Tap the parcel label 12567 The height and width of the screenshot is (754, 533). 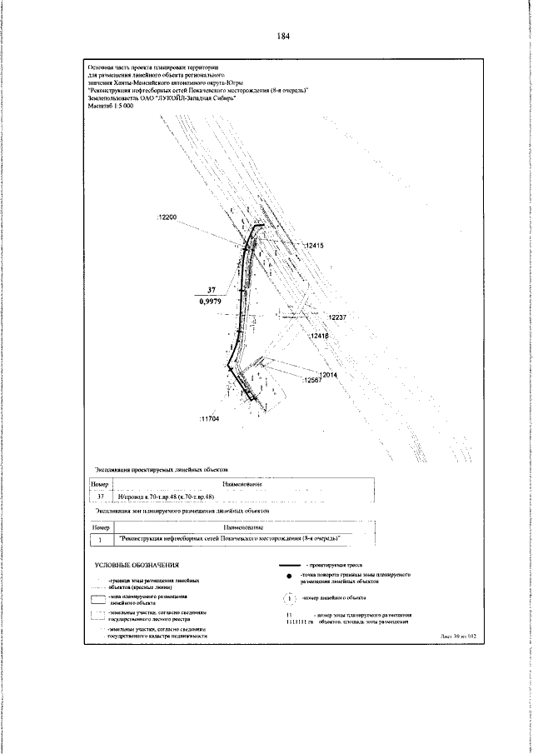click(x=310, y=380)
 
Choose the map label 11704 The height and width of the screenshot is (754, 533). click(x=208, y=418)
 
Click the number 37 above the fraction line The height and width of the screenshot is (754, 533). click(x=211, y=290)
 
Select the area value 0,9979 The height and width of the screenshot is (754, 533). click(x=211, y=302)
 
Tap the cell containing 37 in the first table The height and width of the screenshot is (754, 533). click(x=100, y=496)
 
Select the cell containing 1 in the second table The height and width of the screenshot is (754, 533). click(x=100, y=539)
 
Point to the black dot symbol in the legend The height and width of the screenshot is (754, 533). click(x=288, y=577)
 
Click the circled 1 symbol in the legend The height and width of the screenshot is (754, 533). click(x=288, y=597)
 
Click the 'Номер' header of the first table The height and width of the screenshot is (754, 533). click(x=100, y=484)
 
